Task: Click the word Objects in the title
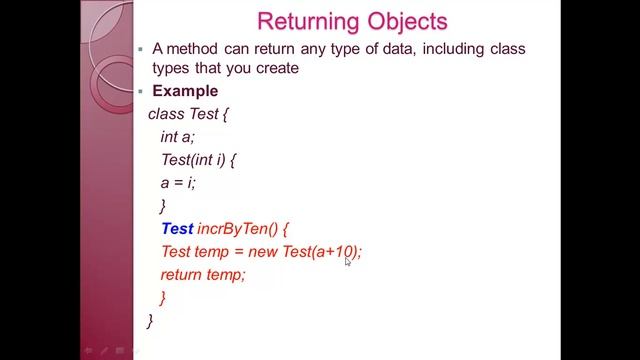coord(410,21)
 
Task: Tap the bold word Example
coord(185,91)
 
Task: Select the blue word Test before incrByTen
coord(177,229)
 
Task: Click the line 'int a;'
coord(177,136)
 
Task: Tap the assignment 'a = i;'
coord(178,182)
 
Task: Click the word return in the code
coord(182,274)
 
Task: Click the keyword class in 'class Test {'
coord(166,113)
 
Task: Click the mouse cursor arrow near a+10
coord(348,261)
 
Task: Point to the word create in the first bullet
coord(277,68)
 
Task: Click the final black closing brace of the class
coord(150,320)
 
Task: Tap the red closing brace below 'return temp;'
coord(163,297)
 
